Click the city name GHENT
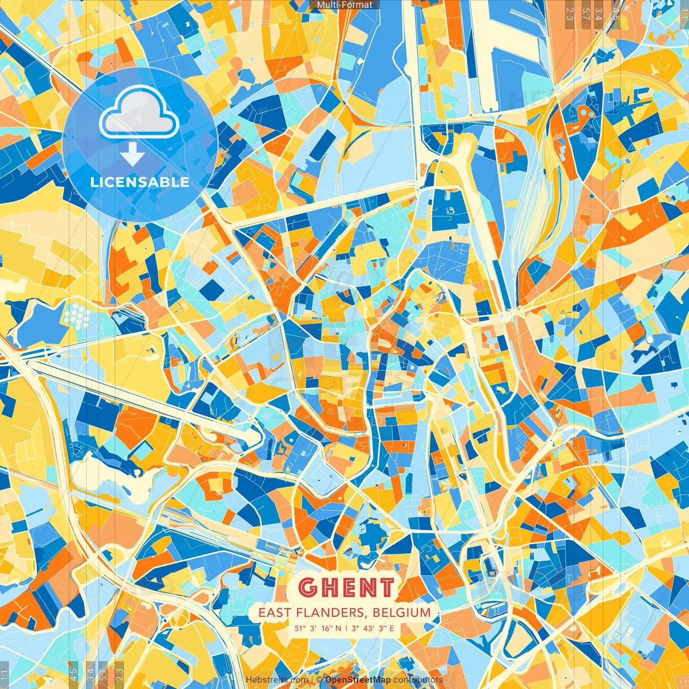pos(346,587)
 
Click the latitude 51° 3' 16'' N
pos(318,628)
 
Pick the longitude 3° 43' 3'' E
pos(372,628)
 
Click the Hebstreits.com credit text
pos(277,680)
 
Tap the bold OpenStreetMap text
pos(358,680)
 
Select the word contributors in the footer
pos(418,680)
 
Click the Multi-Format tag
pos(344,5)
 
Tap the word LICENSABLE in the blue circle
pos(140,182)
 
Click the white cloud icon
pos(139,111)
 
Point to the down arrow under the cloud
pos(132,154)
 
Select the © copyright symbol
pos(320,680)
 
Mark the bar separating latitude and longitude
pos(346,628)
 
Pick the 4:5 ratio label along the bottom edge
pos(73,673)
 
